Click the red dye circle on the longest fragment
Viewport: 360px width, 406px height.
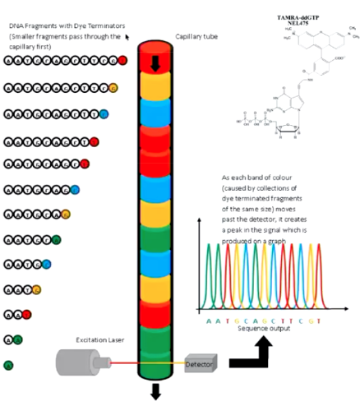point(122,60)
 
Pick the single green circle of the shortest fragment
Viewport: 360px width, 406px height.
point(9,364)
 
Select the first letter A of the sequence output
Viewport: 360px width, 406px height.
point(210,319)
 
